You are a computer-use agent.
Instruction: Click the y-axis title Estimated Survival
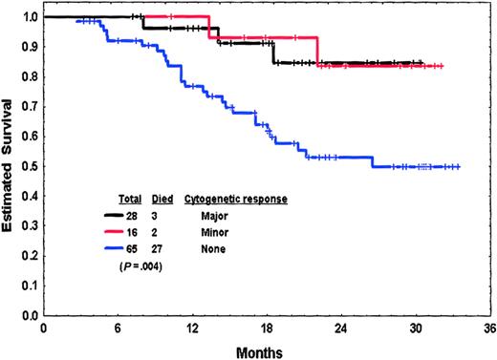click(10, 162)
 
